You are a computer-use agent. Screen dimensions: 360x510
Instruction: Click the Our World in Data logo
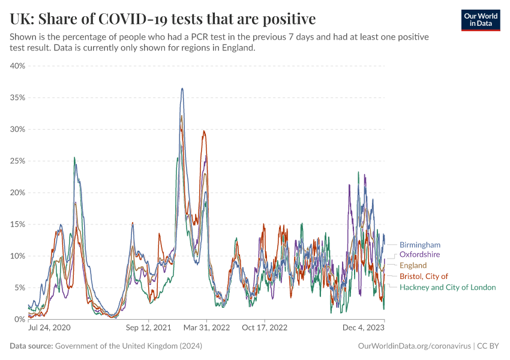click(481, 20)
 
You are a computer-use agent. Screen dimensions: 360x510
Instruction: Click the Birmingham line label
click(420, 245)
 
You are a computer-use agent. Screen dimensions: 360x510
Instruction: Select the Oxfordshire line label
click(419, 254)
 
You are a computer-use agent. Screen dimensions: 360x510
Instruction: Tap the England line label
click(413, 265)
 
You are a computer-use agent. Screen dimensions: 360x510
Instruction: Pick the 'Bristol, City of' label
click(424, 276)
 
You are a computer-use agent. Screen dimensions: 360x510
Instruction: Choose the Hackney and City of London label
click(448, 287)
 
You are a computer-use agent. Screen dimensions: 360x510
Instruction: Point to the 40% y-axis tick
click(17, 65)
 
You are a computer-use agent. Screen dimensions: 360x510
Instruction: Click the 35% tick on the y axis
click(17, 97)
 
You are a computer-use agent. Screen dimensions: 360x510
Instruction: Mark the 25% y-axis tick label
click(17, 161)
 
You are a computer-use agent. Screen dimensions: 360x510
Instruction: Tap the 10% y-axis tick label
click(17, 256)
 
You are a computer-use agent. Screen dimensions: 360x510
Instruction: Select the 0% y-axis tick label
click(19, 319)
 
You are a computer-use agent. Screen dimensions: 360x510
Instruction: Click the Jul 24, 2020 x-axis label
click(49, 328)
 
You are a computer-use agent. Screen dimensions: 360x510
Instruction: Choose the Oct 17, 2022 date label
click(265, 328)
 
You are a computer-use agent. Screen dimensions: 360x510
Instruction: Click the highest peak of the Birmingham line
click(182, 89)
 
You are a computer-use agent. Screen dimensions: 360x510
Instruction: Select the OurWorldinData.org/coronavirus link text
click(414, 346)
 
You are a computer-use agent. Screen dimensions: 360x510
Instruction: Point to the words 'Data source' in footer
click(31, 346)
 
